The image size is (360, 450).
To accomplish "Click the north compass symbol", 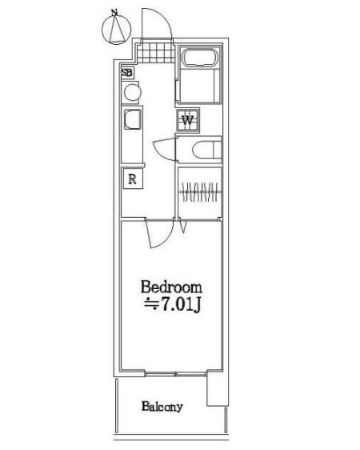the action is click(x=116, y=28).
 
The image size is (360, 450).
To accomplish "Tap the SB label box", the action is click(x=127, y=72).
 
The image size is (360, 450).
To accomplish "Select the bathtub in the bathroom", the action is click(x=200, y=58).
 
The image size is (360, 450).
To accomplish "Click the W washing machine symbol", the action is click(x=188, y=120).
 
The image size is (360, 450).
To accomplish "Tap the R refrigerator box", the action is click(x=133, y=179).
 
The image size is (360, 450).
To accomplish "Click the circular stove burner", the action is click(x=133, y=92).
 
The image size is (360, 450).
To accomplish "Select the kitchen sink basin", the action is click(x=133, y=119).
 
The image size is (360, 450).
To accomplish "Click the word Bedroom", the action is click(x=171, y=287).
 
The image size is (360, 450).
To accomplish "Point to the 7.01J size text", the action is click(x=181, y=304).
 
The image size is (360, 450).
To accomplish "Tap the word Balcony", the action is click(x=162, y=407).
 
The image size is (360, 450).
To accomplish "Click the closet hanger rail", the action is click(x=200, y=191).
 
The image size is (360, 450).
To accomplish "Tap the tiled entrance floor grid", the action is click(x=156, y=53).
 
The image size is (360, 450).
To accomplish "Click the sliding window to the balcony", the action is click(x=175, y=374).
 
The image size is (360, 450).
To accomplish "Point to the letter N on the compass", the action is click(x=114, y=12).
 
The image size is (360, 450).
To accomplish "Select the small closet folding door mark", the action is click(x=183, y=226).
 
